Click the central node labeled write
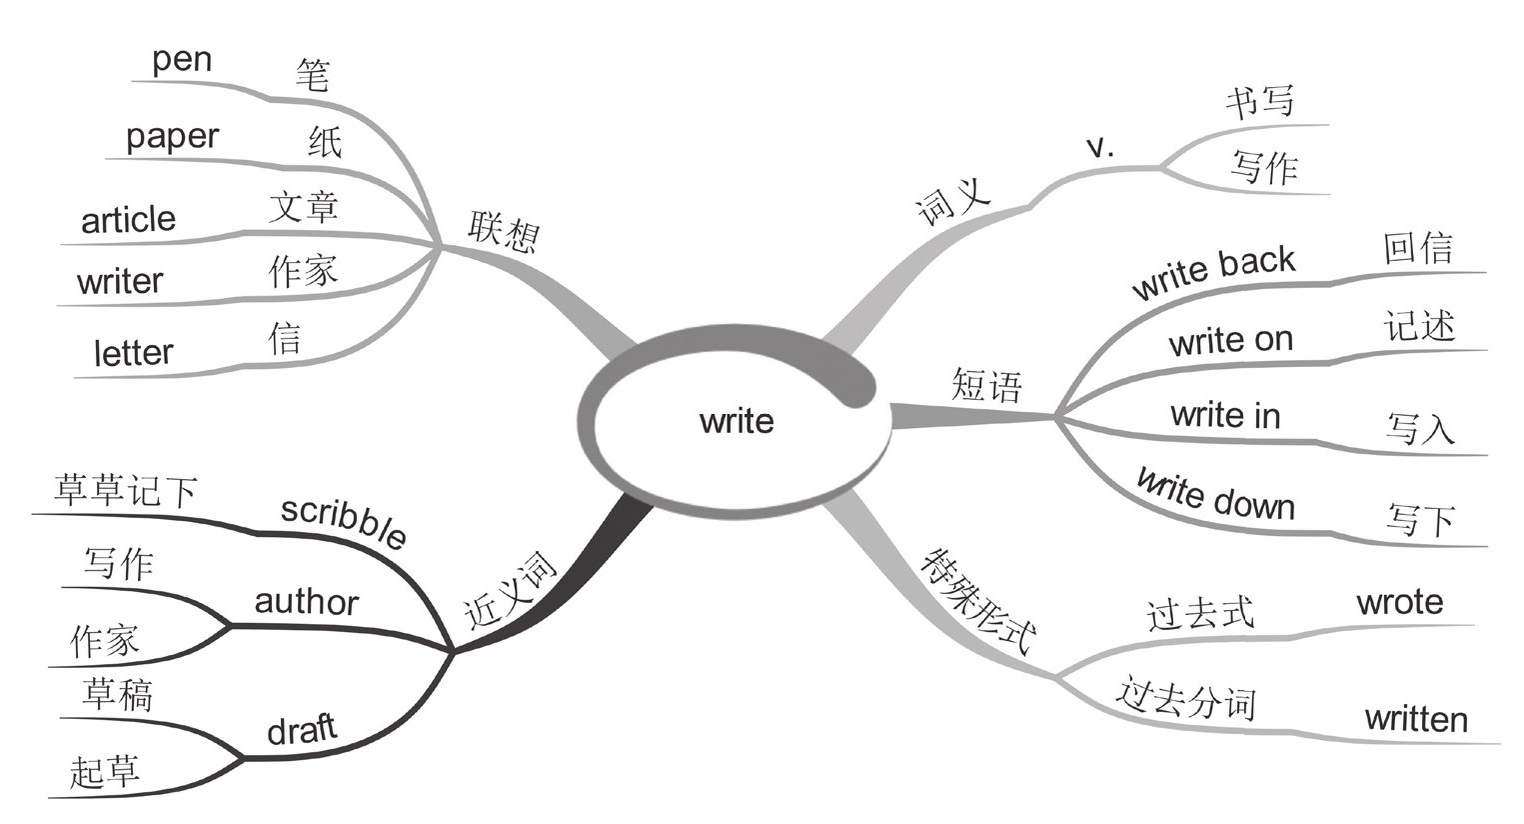(737, 421)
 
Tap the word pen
(182, 59)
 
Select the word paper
(172, 136)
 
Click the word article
(128, 220)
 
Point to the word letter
(133, 353)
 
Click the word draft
(302, 730)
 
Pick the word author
(306, 602)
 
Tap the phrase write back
(1213, 272)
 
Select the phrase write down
(1215, 494)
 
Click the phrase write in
(1225, 415)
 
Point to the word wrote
(1399, 602)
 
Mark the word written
(1416, 719)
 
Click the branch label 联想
(504, 232)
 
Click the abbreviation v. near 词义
(1099, 148)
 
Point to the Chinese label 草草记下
(126, 491)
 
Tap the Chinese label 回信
(1418, 248)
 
